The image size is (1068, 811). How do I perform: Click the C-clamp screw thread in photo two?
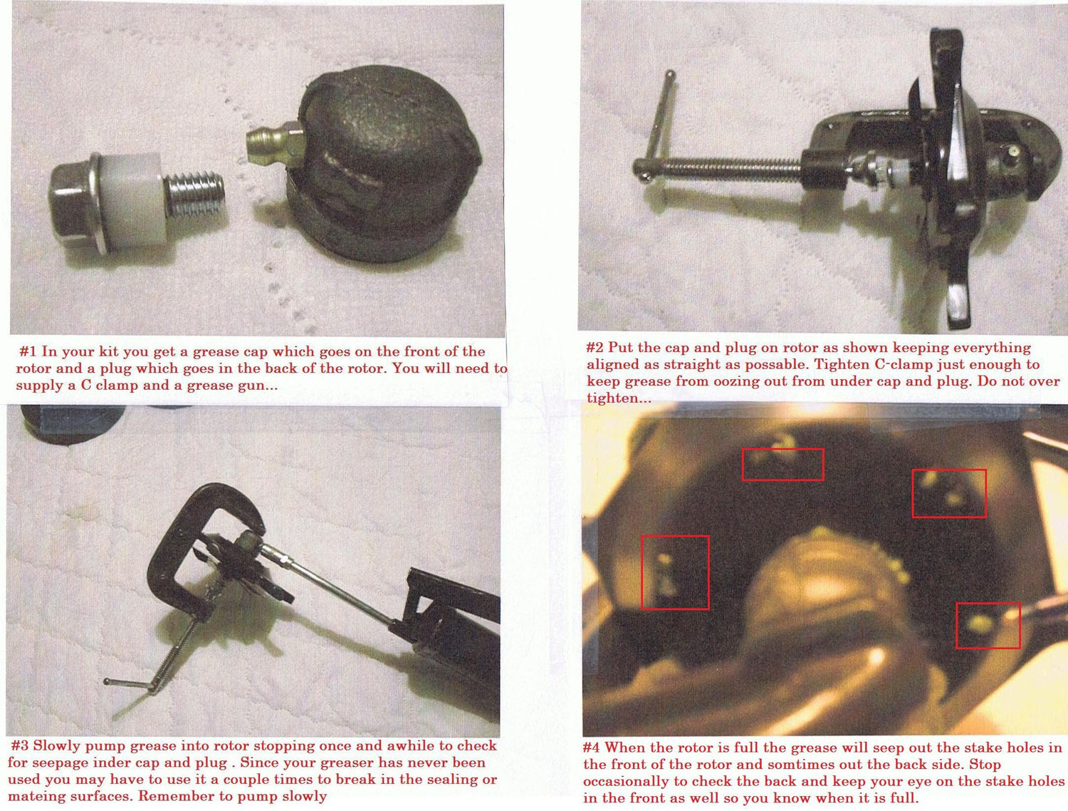point(730,168)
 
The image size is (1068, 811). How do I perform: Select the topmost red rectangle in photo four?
point(783,465)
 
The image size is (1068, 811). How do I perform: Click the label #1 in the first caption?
point(28,351)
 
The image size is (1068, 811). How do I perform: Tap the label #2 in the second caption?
point(595,348)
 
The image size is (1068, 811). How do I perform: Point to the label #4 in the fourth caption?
point(592,747)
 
